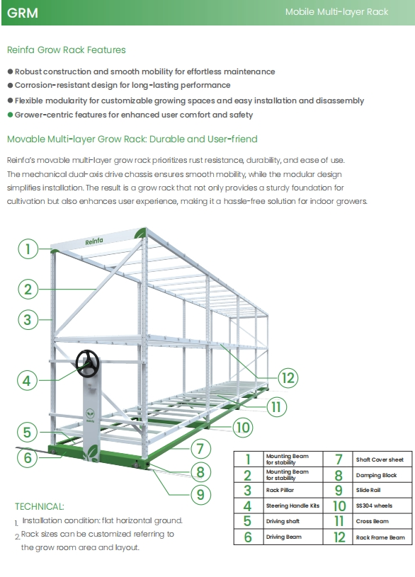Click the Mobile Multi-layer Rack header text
coord(336,12)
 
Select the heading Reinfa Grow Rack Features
coord(66,50)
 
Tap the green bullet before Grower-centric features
coord(10,115)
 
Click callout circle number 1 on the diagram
coord(28,248)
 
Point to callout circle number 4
coord(27,380)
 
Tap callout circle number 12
coord(287,377)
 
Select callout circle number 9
coord(200,493)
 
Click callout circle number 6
coord(27,457)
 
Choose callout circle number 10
coord(242,427)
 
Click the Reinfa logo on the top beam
coord(94,241)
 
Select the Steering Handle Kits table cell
coord(292,506)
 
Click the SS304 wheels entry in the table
coord(373,506)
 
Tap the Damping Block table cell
coord(376,475)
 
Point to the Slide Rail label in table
coord(369,490)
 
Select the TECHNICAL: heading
coord(39,506)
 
